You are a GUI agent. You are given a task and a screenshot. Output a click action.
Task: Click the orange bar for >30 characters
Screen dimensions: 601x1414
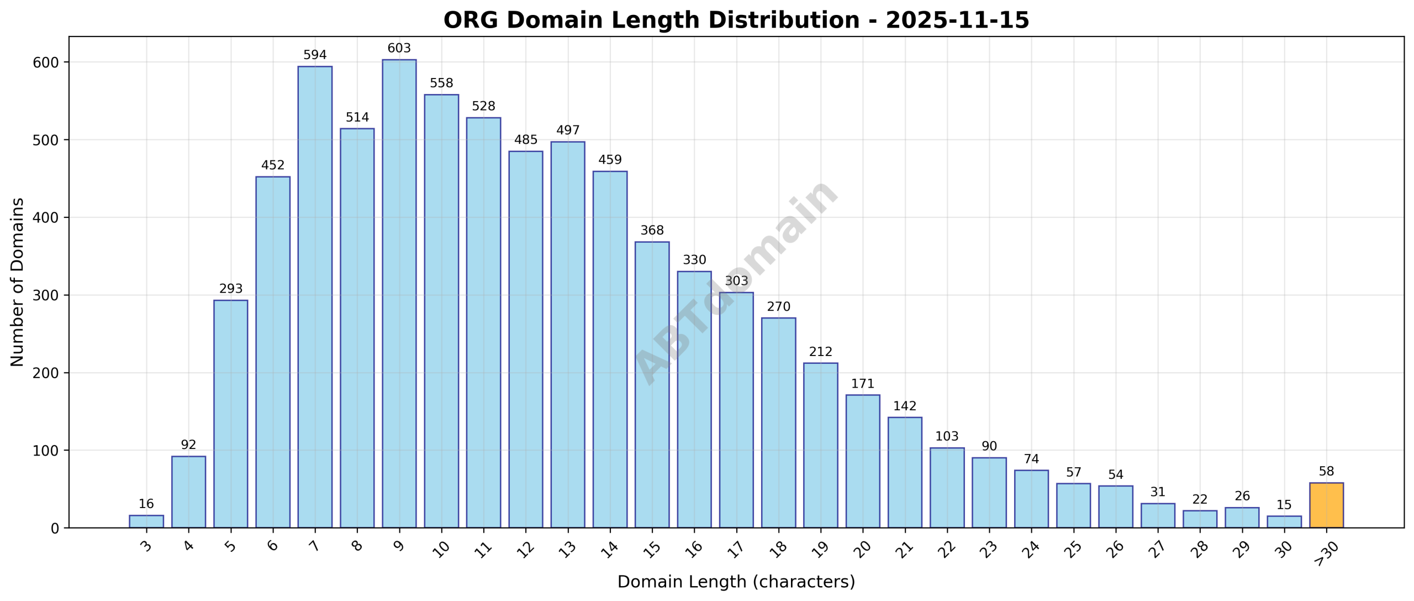pyautogui.click(x=1326, y=505)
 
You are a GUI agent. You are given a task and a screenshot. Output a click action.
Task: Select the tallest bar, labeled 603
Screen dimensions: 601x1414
pyautogui.click(x=399, y=294)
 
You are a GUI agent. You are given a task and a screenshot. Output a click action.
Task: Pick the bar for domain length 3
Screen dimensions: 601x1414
pyautogui.click(x=146, y=521)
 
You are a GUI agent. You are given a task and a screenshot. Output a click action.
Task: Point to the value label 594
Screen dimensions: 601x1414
pyautogui.click(x=315, y=55)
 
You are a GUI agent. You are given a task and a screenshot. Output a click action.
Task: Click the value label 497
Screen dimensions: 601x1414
pyautogui.click(x=568, y=130)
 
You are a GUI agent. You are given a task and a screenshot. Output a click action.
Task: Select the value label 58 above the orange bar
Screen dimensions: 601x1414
pyautogui.click(x=1326, y=471)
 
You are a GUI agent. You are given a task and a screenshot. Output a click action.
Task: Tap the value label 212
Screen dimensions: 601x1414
pyautogui.click(x=820, y=352)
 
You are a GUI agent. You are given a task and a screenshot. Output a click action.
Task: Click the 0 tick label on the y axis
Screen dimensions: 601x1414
pyautogui.click(x=54, y=529)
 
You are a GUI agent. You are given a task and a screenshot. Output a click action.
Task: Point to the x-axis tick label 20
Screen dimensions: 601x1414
pyautogui.click(x=862, y=548)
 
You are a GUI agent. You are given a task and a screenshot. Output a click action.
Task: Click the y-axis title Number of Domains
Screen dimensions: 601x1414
pyautogui.click(x=18, y=282)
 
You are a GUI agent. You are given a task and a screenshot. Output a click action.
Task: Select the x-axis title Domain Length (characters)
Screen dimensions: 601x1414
pyautogui.click(x=736, y=582)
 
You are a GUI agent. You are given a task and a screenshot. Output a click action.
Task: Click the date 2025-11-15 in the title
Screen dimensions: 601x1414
pyautogui.click(x=957, y=20)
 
